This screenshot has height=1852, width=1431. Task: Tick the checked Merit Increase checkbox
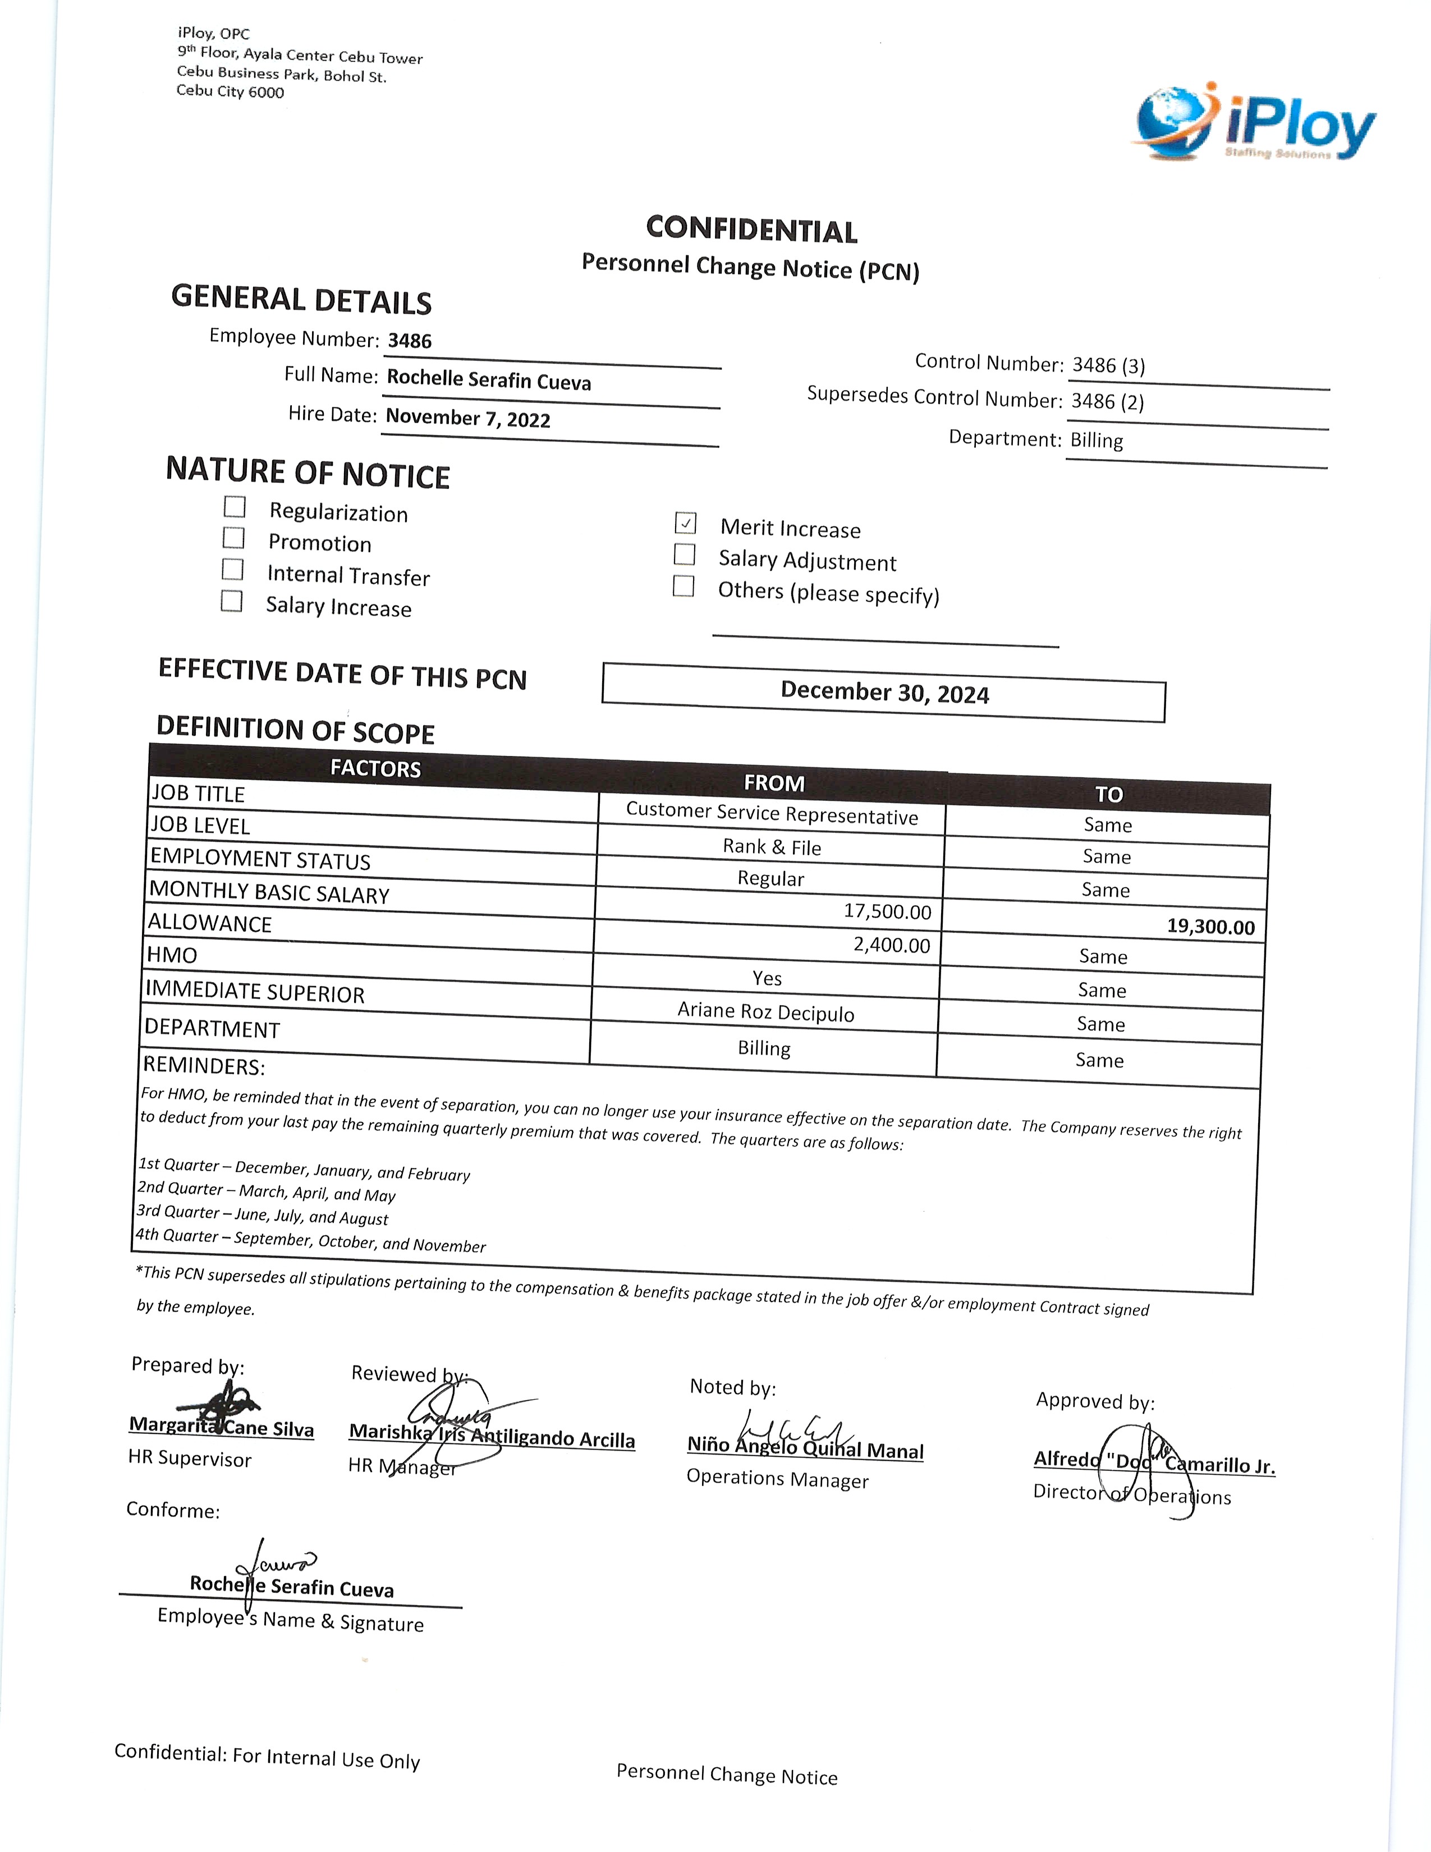686,523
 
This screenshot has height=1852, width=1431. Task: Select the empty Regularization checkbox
235,507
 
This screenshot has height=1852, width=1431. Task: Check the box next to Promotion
234,538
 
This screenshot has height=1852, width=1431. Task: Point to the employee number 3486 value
410,341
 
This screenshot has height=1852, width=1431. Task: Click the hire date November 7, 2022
468,418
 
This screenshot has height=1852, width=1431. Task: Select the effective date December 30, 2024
884,693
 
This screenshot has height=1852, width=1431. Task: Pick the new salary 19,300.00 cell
1210,926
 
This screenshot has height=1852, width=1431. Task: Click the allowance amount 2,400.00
891,945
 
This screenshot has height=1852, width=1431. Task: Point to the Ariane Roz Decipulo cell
765,1012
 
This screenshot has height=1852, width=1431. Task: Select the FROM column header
773,783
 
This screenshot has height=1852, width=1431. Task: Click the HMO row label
172,955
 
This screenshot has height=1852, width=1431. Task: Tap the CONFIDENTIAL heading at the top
751,230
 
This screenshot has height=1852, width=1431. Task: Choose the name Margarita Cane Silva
221,1427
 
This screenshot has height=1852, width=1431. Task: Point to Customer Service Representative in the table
772,814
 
